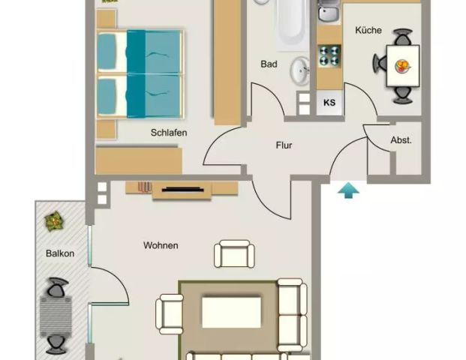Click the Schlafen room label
[168, 133]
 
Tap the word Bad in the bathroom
[269, 64]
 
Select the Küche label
[368, 31]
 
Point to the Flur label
[284, 145]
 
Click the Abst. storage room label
[401, 140]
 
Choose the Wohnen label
[161, 245]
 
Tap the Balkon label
[59, 253]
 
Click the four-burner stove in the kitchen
[329, 56]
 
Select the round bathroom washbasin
[300, 70]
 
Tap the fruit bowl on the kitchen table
[404, 66]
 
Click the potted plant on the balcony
[53, 221]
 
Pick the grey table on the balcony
[56, 316]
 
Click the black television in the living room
[181, 189]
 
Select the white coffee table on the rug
[231, 311]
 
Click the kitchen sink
[328, 12]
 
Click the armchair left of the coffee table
[170, 313]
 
